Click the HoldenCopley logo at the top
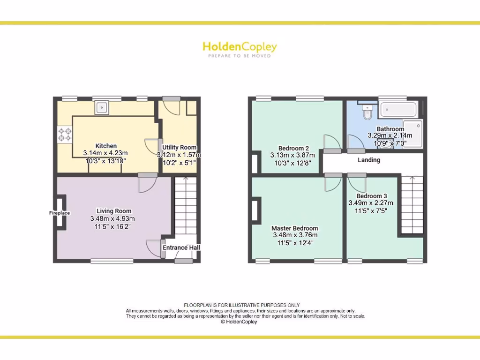click(240, 47)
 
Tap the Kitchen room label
click(106, 146)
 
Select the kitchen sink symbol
click(102, 108)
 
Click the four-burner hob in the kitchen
click(65, 135)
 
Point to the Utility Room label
click(179, 148)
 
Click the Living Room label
click(114, 211)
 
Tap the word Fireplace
click(60, 213)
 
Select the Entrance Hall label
click(181, 247)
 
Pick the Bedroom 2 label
click(293, 148)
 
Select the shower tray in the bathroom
click(413, 134)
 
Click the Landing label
click(369, 160)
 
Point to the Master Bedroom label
click(294, 228)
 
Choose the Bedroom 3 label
click(372, 196)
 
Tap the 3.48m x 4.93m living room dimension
click(112, 219)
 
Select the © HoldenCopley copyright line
click(239, 322)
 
